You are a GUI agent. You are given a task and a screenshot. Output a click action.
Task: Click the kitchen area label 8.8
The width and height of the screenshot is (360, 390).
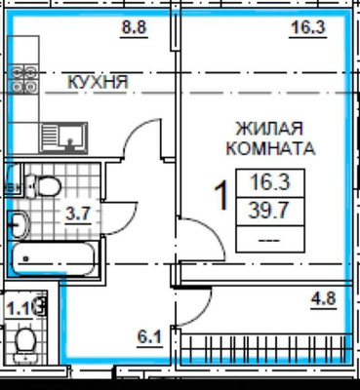[134, 28]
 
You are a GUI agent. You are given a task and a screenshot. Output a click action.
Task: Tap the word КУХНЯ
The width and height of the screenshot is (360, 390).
[98, 83]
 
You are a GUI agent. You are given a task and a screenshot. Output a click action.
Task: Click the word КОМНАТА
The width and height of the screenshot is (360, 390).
[270, 149]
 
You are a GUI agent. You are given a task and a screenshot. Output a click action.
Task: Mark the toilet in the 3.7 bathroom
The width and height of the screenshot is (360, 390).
[42, 185]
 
